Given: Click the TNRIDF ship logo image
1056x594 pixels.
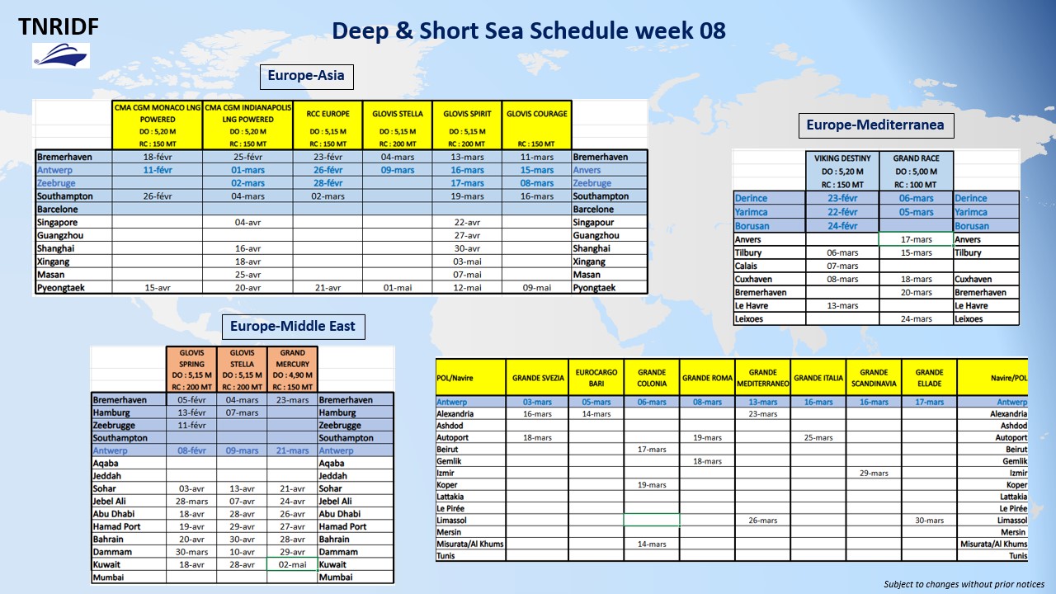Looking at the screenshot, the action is point(61,55).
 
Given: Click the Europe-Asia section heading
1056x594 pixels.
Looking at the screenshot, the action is point(306,77).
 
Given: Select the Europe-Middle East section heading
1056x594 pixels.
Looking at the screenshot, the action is point(293,327).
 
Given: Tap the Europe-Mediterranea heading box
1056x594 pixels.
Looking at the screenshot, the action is point(876,125).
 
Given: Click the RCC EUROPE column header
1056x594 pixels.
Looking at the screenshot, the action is point(328,125).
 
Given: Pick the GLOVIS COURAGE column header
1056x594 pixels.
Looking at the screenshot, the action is point(537,125).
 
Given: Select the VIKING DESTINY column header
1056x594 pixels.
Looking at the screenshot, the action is point(842,171).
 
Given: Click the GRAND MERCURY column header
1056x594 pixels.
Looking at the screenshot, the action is point(292,369).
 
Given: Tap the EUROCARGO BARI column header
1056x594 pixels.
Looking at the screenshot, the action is point(596,378).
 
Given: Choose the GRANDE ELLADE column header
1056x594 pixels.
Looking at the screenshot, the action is point(929,378).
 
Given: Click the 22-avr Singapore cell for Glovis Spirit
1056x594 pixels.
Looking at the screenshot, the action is point(467,222).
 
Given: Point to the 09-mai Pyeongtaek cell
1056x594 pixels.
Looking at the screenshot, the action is point(537,287).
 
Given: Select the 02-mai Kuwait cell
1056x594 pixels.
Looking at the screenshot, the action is point(292,564).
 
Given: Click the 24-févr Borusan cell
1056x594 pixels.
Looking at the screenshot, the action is point(842,226).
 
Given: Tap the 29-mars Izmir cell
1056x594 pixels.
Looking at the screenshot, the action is point(874,473).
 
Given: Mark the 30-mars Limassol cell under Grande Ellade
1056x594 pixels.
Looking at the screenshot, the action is point(929,521).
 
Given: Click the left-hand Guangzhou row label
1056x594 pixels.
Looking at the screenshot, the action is point(60,235).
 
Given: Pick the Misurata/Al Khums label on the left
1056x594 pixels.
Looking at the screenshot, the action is point(470,544).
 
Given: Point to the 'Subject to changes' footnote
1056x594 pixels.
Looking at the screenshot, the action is point(964,584).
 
